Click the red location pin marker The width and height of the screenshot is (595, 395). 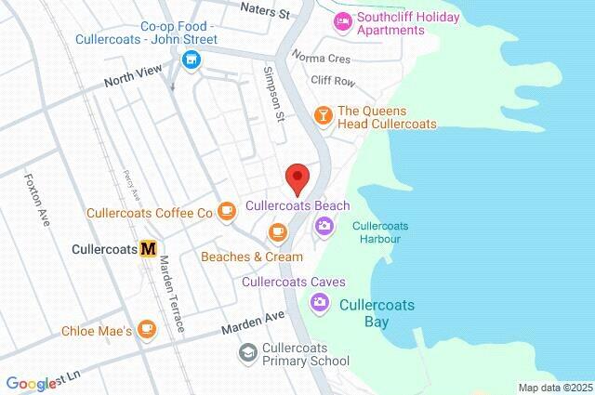tap(297, 176)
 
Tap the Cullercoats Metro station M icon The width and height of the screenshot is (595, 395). tap(148, 249)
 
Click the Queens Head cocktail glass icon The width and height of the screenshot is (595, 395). tap(323, 115)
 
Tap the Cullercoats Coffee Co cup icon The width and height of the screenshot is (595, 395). tap(226, 212)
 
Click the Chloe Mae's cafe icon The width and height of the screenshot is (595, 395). tap(146, 329)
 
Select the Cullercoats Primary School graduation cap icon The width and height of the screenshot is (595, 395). tap(247, 353)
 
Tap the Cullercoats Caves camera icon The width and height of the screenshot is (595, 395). tap(320, 301)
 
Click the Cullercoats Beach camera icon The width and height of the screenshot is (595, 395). tap(324, 224)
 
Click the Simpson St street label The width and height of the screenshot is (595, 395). tap(272, 93)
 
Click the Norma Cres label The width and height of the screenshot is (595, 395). tap(315, 58)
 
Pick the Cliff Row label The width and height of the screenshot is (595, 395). tap(332, 82)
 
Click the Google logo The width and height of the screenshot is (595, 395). tap(30, 384)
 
